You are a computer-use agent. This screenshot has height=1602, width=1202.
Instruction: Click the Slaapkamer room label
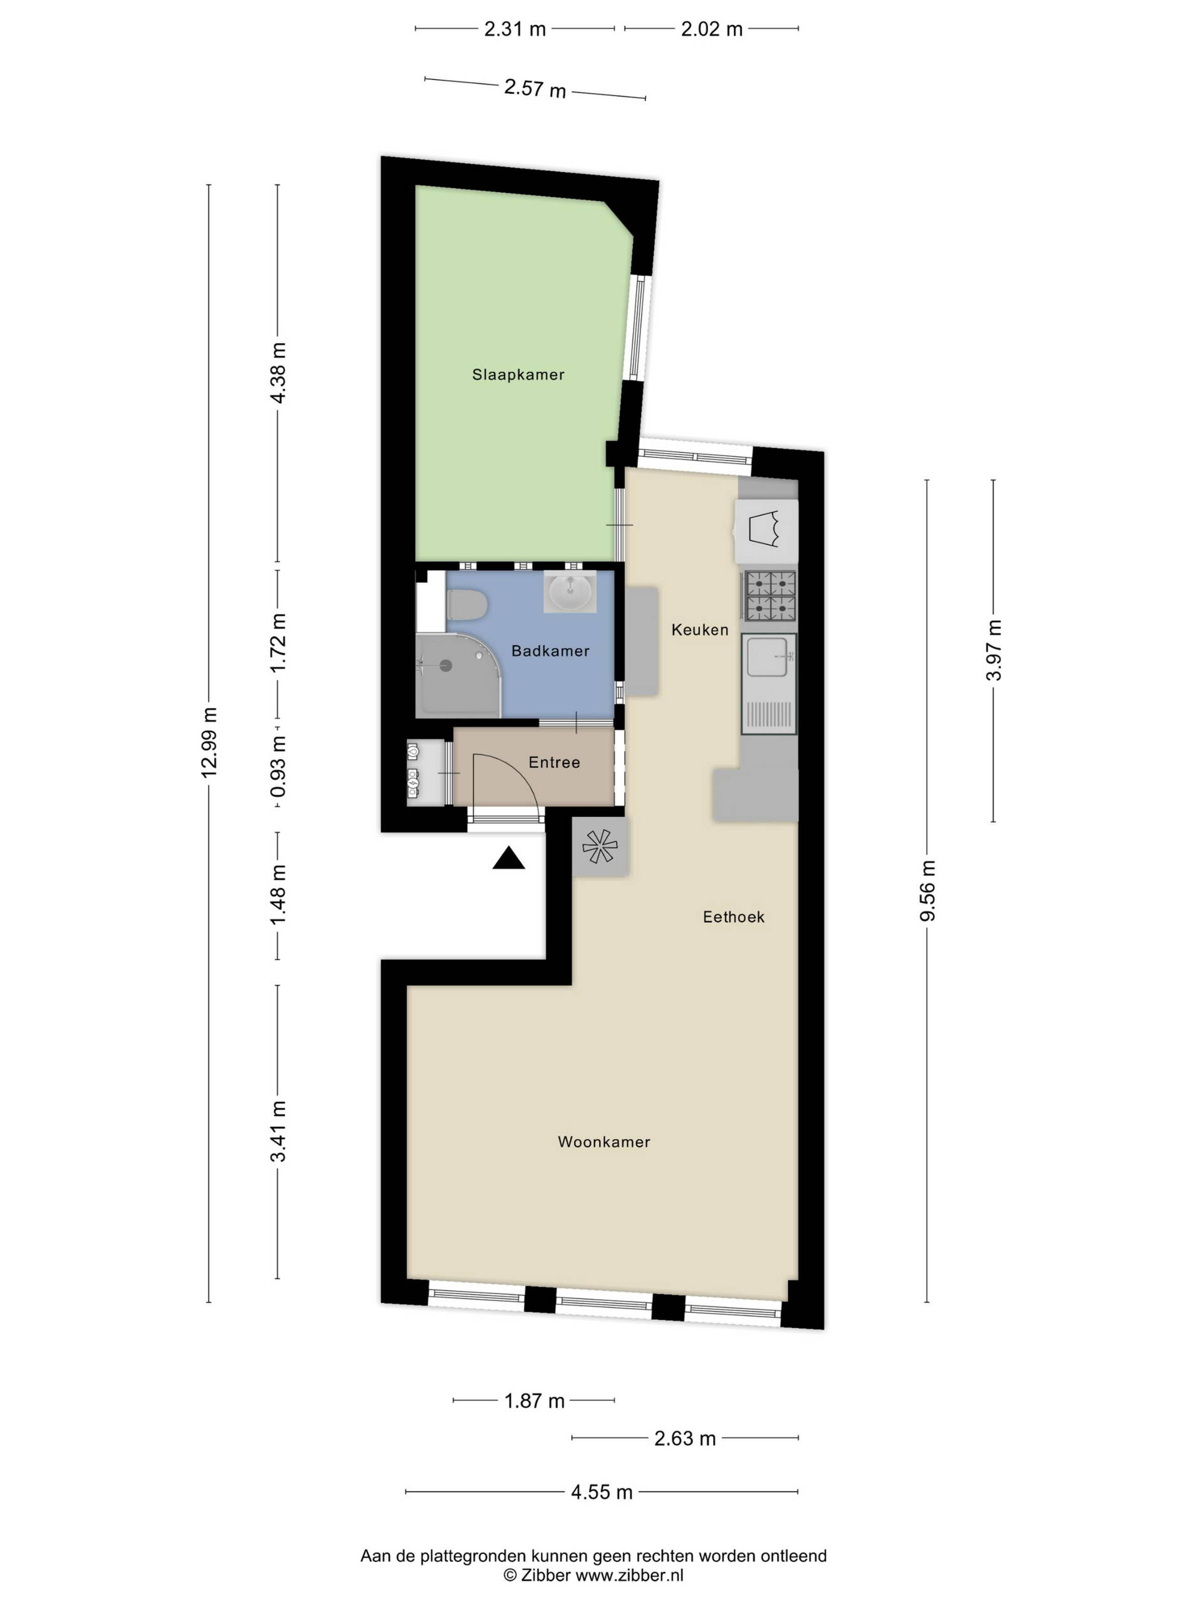(x=517, y=374)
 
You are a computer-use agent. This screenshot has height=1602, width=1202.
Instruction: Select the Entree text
(x=554, y=762)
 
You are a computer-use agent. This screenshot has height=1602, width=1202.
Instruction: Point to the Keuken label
(x=699, y=630)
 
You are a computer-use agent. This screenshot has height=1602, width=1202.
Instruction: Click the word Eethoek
(x=733, y=916)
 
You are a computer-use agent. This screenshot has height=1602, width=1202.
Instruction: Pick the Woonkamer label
(x=604, y=1141)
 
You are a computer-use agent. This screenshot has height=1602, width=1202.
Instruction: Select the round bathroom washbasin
(x=570, y=593)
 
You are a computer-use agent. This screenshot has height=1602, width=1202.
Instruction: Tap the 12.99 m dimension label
(x=208, y=742)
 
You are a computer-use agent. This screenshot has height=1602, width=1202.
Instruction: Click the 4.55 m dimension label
(x=602, y=1492)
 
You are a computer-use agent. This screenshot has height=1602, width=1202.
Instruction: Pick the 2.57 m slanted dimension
(x=535, y=89)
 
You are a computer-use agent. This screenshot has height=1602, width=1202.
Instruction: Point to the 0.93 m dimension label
(x=277, y=766)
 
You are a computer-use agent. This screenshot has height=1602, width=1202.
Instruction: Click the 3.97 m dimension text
(x=994, y=650)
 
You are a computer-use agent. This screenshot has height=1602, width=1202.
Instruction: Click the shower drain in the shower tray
(x=446, y=665)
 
